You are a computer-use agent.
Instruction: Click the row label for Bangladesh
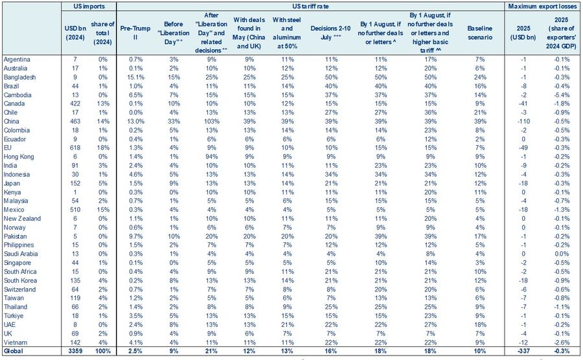pyautogui.click(x=19, y=77)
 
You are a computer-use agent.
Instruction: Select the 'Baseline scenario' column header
pyautogui.click(x=479, y=32)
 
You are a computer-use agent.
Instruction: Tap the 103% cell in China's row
pyautogui.click(x=211, y=122)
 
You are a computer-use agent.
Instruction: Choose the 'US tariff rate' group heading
pyautogui.click(x=310, y=6)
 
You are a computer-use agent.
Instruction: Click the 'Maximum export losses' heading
pyautogui.click(x=542, y=6)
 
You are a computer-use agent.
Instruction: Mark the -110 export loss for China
pyautogui.click(x=523, y=122)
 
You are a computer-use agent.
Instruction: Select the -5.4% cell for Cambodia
pyautogui.click(x=562, y=95)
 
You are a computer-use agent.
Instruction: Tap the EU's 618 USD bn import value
pyautogui.click(x=76, y=148)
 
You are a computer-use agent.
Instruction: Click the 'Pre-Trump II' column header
pyautogui.click(x=135, y=32)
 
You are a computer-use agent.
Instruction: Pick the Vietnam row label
pyautogui.click(x=16, y=343)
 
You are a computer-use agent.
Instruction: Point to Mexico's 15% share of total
pyautogui.click(x=102, y=210)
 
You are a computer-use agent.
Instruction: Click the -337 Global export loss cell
pyautogui.click(x=523, y=351)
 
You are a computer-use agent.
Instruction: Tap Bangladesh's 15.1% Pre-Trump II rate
pyautogui.click(x=136, y=77)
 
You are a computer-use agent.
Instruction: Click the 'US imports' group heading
pyautogui.click(x=89, y=6)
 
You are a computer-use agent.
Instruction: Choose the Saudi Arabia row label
pyautogui.click(x=21, y=254)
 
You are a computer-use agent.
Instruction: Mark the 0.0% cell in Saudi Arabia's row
pyautogui.click(x=562, y=254)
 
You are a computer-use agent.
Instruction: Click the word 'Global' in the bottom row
pyautogui.click(x=14, y=351)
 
